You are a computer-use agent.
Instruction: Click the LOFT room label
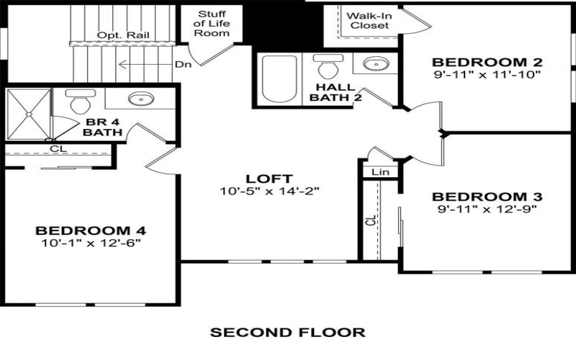269,179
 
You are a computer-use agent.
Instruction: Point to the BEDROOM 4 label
91,230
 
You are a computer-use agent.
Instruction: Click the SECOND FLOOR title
287,333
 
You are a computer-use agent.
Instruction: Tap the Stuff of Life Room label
212,23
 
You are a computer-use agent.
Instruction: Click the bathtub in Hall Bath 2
279,80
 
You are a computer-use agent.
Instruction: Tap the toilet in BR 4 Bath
77,104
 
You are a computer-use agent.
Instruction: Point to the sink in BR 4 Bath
138,100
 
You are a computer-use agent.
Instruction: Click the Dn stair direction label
183,64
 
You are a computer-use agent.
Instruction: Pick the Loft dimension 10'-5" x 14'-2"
269,192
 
